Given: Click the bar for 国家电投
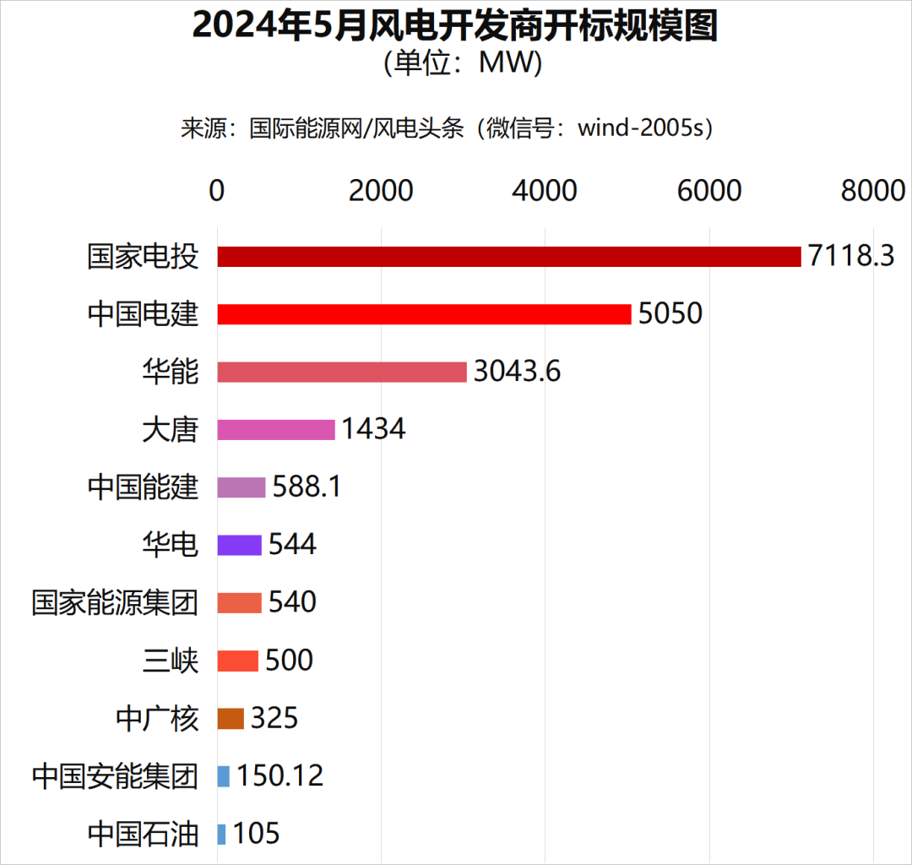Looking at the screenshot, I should (508, 256).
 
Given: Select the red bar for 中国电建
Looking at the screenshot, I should (424, 314).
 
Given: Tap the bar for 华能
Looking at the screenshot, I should (342, 372).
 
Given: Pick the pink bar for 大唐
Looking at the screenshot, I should (276, 429).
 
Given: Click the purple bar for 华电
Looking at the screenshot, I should (239, 545).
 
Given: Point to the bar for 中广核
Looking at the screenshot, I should (231, 718).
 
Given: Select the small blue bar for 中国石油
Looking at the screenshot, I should (221, 834).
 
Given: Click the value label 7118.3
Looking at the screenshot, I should (850, 256).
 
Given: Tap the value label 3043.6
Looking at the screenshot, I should (517, 372).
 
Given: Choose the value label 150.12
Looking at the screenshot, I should (280, 775).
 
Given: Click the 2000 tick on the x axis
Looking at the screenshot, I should (381, 191).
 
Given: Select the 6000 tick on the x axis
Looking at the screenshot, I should (709, 191).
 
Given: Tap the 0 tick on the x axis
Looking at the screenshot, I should (217, 191).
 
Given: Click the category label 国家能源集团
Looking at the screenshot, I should (115, 603).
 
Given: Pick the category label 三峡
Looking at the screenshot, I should (171, 661).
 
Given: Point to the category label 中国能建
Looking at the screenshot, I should (143, 487).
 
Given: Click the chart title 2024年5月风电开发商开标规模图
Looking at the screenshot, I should (455, 26).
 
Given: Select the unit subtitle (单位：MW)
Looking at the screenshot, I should (455, 63).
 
